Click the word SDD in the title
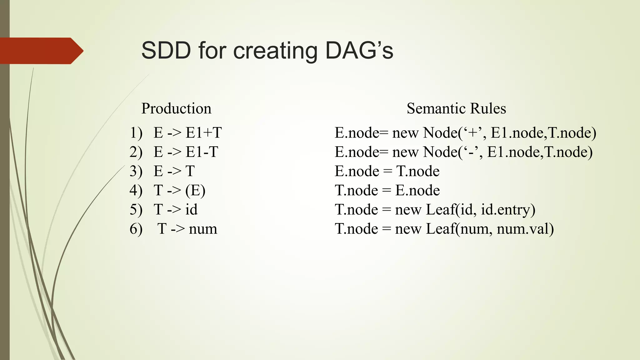[166, 51]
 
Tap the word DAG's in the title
[359, 51]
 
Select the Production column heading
[176, 108]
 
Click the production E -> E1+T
[187, 133]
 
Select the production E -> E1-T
[186, 152]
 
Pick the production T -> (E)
[179, 190]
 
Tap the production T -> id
[175, 209]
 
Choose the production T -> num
[187, 229]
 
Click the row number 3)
[136, 171]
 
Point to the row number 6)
[136, 229]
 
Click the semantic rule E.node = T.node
[387, 171]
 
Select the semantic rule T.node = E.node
[387, 190]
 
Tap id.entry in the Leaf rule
[507, 209]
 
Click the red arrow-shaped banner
[41, 51]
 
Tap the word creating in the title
[275, 51]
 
